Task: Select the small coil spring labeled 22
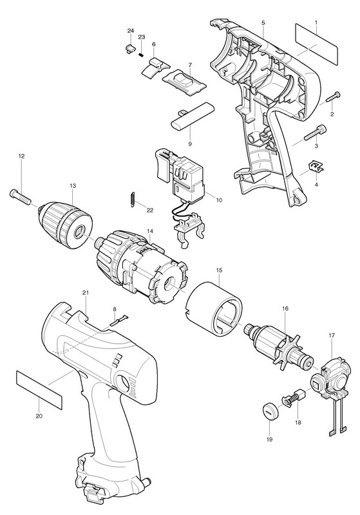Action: (131, 198)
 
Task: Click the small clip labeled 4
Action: (316, 165)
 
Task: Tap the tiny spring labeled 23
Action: (141, 54)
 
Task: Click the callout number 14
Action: (150, 232)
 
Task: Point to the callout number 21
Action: (86, 292)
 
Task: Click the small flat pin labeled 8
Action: (118, 319)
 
